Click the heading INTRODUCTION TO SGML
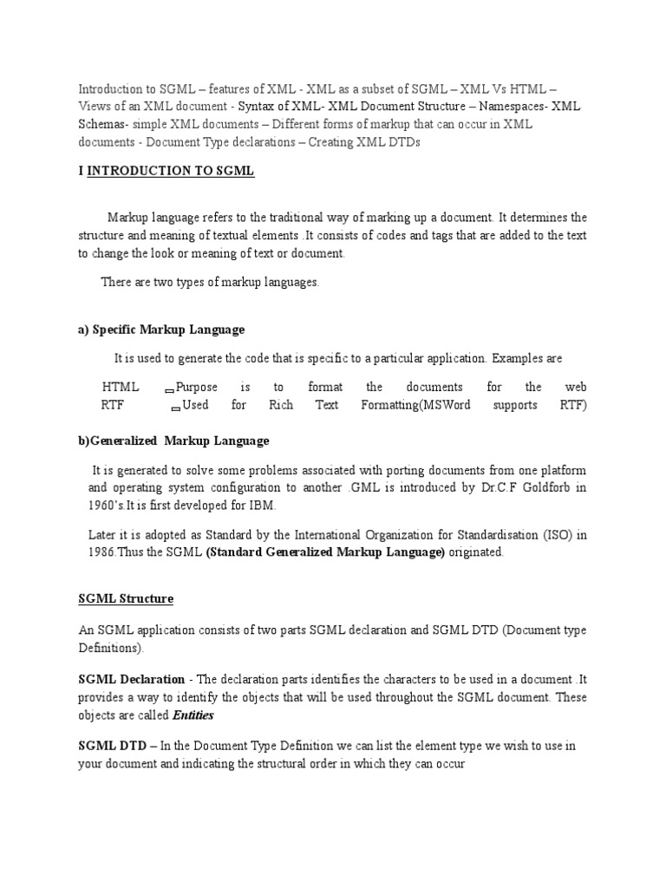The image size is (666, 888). pyautogui.click(x=170, y=171)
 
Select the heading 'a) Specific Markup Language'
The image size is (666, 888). pyautogui.click(x=161, y=330)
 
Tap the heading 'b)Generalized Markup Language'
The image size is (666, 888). pyautogui.click(x=173, y=441)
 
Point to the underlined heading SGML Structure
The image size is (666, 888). pyautogui.click(x=126, y=598)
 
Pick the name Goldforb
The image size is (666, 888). pyautogui.click(x=551, y=487)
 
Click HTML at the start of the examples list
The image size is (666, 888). pyautogui.click(x=119, y=387)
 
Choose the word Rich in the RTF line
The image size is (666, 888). pyautogui.click(x=282, y=405)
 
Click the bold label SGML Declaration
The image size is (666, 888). pyautogui.click(x=131, y=679)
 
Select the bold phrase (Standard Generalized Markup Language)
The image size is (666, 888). pyautogui.click(x=325, y=552)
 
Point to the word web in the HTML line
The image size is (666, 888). pyautogui.click(x=576, y=387)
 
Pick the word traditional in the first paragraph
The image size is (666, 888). pyautogui.click(x=293, y=217)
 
